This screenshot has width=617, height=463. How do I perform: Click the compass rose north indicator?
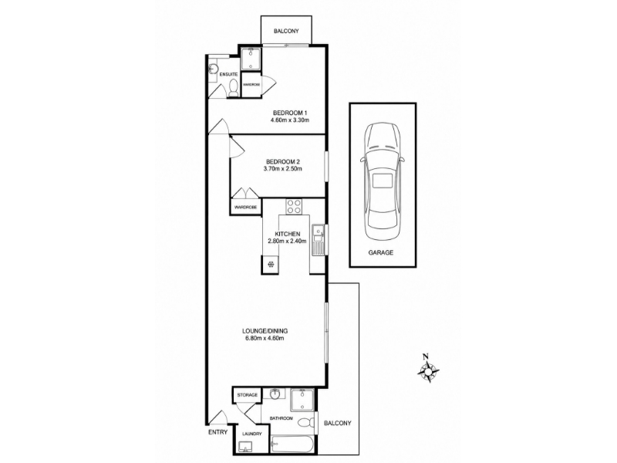point(428,370)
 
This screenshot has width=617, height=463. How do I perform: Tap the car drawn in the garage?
point(383,181)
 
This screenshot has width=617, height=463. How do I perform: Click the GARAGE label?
point(380,253)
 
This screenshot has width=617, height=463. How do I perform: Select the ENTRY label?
point(218,432)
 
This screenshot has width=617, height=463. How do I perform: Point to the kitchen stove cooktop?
point(294,207)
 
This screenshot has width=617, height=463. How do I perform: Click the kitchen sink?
point(318,233)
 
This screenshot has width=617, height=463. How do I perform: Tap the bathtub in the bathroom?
point(292,444)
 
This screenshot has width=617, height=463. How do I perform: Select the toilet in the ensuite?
point(234,88)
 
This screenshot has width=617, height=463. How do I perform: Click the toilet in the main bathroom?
point(307,423)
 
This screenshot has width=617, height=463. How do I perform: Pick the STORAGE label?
point(247,395)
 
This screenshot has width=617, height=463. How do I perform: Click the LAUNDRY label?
point(252,434)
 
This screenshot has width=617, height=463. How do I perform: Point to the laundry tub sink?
point(246,447)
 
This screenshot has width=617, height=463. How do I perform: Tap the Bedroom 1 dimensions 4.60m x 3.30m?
point(290,120)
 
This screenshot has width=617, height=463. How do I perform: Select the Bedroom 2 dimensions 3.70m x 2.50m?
point(282,169)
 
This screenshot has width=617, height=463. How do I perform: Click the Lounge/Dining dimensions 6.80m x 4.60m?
point(265,338)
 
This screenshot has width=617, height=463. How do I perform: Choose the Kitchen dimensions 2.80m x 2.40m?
point(287,241)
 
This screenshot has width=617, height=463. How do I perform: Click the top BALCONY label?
point(286,31)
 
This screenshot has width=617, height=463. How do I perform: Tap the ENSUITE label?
point(228,74)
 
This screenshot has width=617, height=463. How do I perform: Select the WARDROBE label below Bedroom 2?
point(245,207)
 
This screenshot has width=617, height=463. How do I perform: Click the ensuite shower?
point(250,59)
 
